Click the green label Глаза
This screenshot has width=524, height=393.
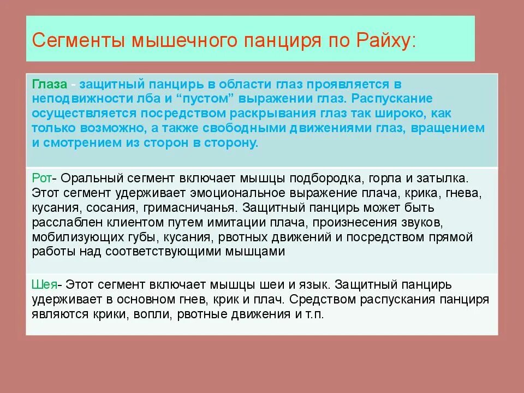[50, 84]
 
